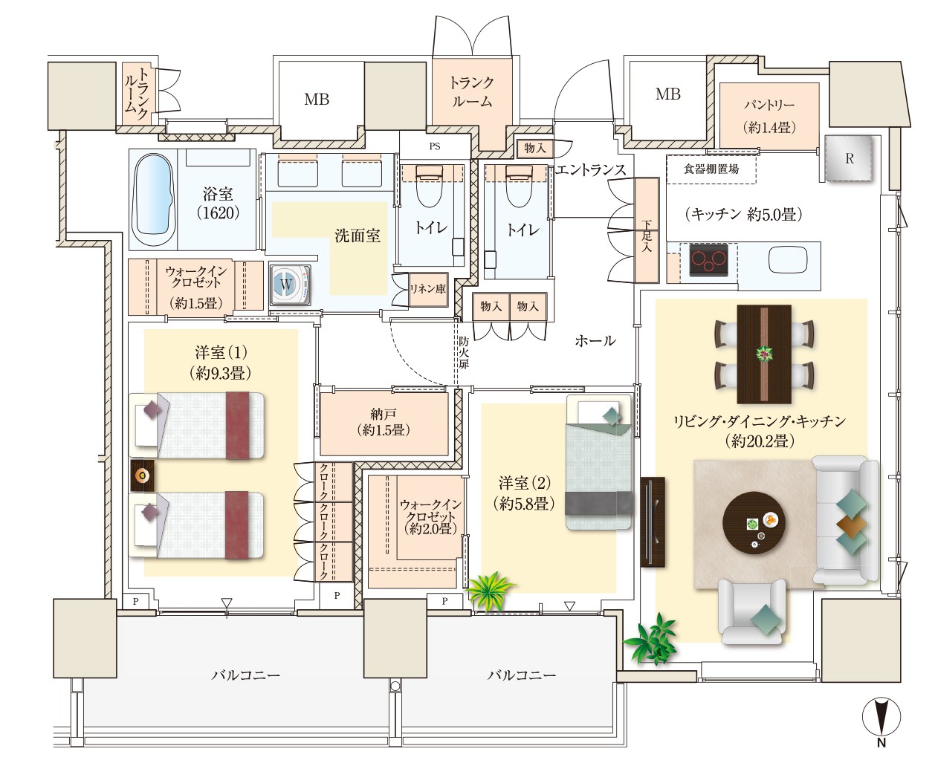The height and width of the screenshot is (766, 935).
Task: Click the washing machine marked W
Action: click(x=290, y=285)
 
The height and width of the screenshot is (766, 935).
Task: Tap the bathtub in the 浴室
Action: click(x=153, y=199)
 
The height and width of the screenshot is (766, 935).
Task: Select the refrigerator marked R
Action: click(x=848, y=159)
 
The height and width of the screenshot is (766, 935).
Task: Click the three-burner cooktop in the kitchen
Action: click(x=708, y=260)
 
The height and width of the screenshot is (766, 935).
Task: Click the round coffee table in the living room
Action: click(x=754, y=522)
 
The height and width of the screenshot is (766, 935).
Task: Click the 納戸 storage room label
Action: click(x=383, y=414)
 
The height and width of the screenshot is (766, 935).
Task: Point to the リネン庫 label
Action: click(x=427, y=289)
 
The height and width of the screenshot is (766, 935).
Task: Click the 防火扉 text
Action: click(x=463, y=353)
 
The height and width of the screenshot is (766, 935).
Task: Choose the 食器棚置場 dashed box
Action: click(x=711, y=169)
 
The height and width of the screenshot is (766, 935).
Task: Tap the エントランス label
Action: click(x=590, y=170)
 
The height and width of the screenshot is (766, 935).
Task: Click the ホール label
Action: click(x=595, y=340)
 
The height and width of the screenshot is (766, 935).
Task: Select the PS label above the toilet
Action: click(x=435, y=146)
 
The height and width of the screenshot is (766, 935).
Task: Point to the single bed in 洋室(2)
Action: click(x=598, y=462)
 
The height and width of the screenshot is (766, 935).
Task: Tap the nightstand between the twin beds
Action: click(x=142, y=475)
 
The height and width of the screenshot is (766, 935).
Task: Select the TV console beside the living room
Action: click(x=653, y=522)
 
